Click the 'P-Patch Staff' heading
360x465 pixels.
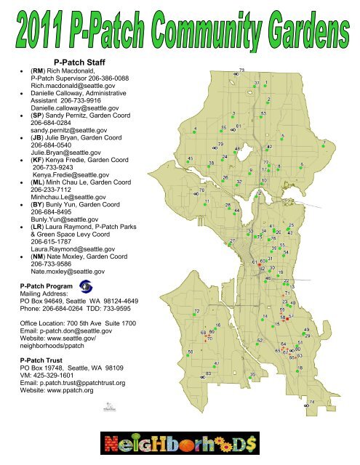point(81,62)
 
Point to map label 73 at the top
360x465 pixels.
point(241,69)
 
